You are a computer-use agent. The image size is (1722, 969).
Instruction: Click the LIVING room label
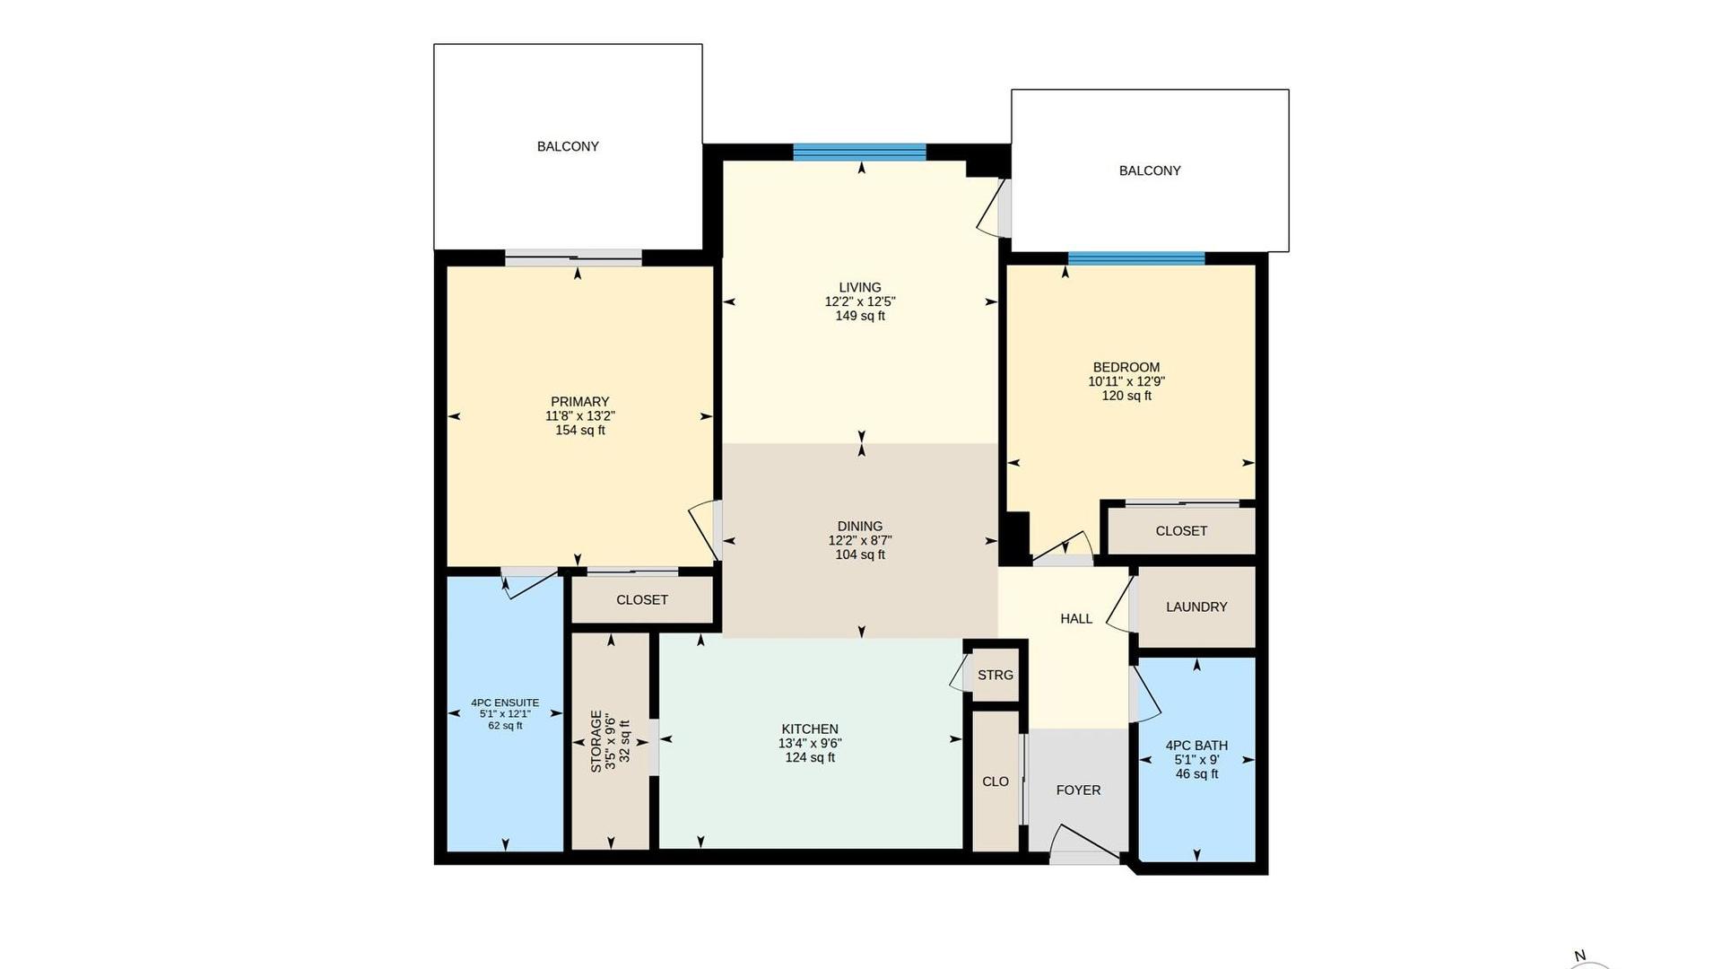(860, 287)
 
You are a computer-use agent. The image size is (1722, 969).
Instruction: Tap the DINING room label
(860, 526)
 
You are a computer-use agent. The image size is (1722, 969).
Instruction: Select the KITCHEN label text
(810, 729)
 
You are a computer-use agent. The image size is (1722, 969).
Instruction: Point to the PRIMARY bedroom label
(579, 401)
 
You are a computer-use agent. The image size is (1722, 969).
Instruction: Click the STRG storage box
(996, 675)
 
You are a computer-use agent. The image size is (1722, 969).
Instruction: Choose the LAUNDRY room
(1196, 607)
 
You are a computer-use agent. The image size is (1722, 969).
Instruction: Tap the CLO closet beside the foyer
(996, 781)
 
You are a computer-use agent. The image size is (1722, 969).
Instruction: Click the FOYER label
(1078, 790)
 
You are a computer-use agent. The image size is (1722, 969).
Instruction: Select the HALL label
(1076, 618)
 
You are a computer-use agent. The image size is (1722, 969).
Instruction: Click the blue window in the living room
(859, 152)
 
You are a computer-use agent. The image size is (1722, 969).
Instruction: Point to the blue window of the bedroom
(1136, 258)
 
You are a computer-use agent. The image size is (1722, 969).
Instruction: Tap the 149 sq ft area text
(860, 316)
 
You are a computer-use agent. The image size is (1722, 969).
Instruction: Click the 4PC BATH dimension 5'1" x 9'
(1196, 759)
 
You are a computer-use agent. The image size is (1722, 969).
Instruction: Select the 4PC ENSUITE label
(505, 703)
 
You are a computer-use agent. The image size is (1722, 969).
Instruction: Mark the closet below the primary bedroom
(642, 599)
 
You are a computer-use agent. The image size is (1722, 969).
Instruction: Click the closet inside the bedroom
(1181, 530)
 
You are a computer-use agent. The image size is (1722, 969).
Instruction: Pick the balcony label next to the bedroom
(1150, 170)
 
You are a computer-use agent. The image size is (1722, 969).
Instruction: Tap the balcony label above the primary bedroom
(568, 146)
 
